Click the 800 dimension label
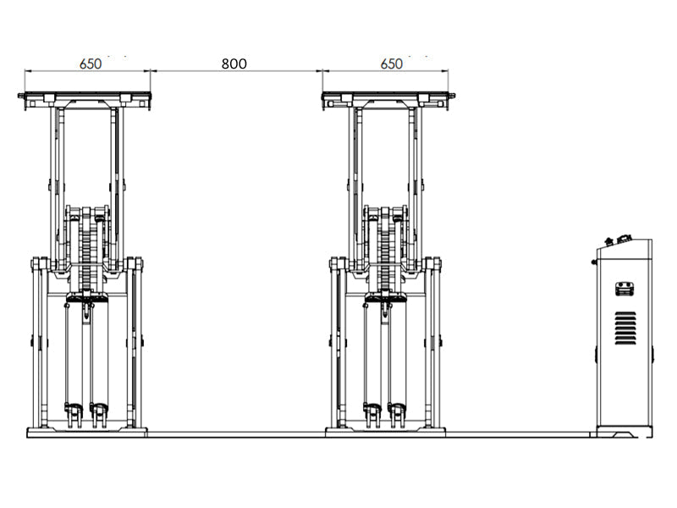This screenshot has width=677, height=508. (x=234, y=64)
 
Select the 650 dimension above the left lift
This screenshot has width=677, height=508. (x=91, y=64)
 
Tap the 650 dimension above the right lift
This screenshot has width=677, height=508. (x=392, y=64)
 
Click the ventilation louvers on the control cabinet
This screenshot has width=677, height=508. (x=625, y=328)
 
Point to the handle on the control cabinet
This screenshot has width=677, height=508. (x=625, y=289)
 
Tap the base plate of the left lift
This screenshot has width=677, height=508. (x=87, y=433)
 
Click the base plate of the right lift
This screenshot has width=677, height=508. (x=385, y=433)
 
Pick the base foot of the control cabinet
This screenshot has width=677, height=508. (x=625, y=432)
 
